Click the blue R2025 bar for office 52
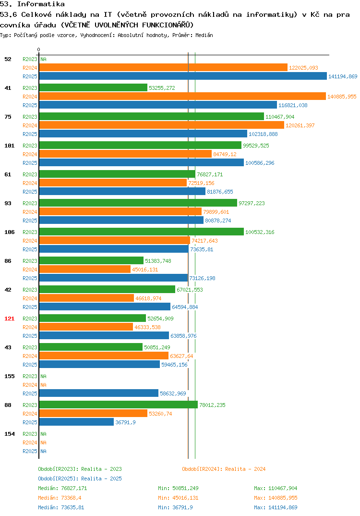183,76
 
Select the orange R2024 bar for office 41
182,97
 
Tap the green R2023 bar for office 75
152,116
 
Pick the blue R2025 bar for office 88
77,422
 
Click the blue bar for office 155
98,393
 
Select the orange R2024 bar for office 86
85,269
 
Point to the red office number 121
10,319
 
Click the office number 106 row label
10,232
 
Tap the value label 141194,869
343,76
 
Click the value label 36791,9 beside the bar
125,422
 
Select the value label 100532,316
260,232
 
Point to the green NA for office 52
43,59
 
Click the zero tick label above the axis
39,49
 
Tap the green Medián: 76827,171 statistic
62,488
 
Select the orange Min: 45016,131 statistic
178,498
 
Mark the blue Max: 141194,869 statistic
276,507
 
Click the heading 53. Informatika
32,4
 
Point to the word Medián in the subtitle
204,35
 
